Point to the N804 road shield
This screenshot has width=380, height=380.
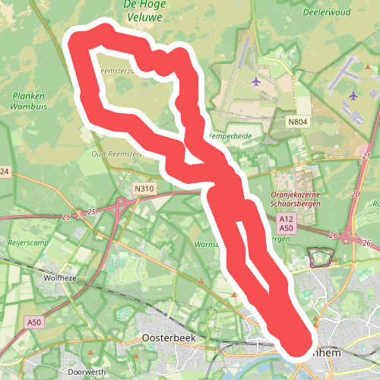(299, 122)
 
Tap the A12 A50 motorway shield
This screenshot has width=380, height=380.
(286, 223)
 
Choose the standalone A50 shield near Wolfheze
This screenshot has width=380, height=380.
(34, 323)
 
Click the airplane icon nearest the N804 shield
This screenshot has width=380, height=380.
(255, 81)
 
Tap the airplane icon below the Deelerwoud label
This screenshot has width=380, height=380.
(353, 96)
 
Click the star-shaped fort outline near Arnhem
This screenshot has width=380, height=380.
(320, 256)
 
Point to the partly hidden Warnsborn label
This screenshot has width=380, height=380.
(207, 245)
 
